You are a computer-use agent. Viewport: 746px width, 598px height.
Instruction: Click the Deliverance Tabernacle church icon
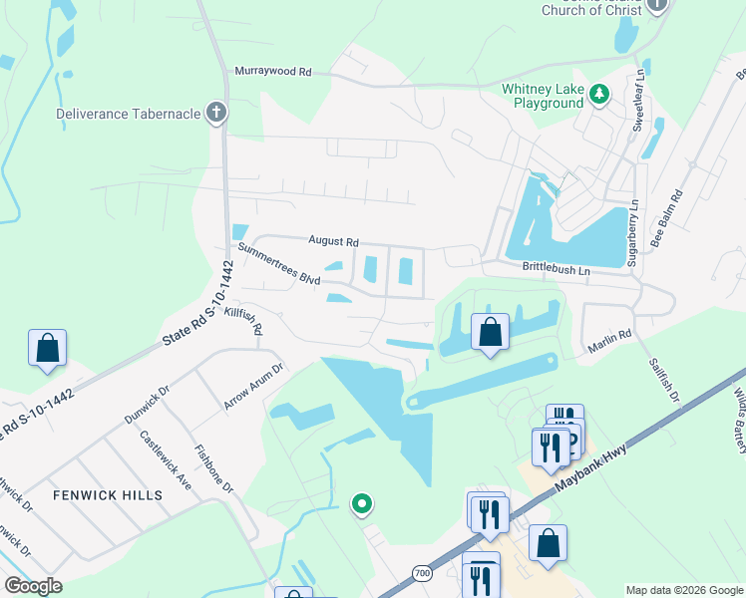(x=215, y=113)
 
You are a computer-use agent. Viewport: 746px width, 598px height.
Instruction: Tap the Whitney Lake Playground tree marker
(x=598, y=95)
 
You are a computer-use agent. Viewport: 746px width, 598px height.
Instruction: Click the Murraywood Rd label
(x=273, y=72)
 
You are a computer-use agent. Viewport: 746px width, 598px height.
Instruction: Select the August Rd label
(x=333, y=241)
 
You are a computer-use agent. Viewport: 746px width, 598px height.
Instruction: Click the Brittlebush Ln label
(x=557, y=270)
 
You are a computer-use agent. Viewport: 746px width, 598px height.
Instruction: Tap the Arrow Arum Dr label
(x=254, y=386)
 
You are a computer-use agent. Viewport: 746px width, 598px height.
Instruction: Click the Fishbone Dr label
(x=213, y=468)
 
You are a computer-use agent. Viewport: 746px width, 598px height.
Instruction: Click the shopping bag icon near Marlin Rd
(x=490, y=332)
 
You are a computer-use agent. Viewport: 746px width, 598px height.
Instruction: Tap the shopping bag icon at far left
(x=47, y=348)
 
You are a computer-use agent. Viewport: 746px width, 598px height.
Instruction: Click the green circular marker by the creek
(x=363, y=505)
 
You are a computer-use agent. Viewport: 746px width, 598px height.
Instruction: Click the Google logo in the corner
(x=34, y=586)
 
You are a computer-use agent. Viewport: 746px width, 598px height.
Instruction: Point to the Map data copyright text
(x=683, y=590)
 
